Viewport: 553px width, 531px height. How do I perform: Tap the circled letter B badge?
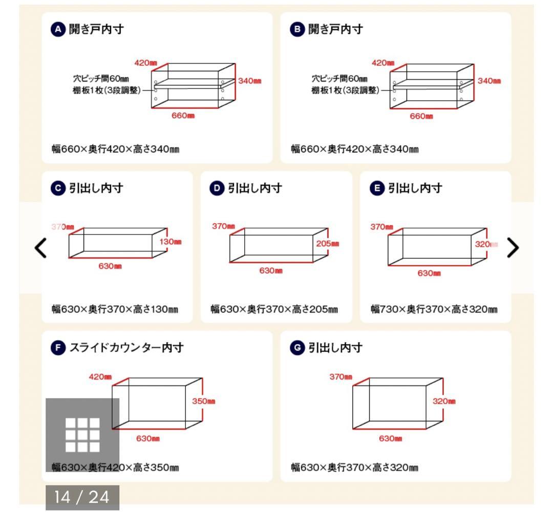coord(297,29)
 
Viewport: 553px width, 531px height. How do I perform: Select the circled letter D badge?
coord(217,188)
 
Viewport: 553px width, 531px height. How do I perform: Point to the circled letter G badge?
coord(297,348)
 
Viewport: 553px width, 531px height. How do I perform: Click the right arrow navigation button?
coord(512,248)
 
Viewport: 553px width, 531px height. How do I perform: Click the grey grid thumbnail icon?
coord(82,435)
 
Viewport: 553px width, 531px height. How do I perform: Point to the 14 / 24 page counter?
coord(82,497)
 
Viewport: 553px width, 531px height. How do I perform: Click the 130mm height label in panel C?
coord(171,242)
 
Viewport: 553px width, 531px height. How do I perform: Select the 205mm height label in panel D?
coord(328,243)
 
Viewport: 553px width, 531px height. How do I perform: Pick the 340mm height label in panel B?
coord(489,80)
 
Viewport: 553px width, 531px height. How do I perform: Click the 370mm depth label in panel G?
coord(341,377)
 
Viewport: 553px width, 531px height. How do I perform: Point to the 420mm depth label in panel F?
coord(100,377)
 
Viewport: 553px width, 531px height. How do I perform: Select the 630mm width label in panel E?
coord(430,273)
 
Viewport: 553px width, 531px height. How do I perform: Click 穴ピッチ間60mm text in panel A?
coord(100,79)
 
